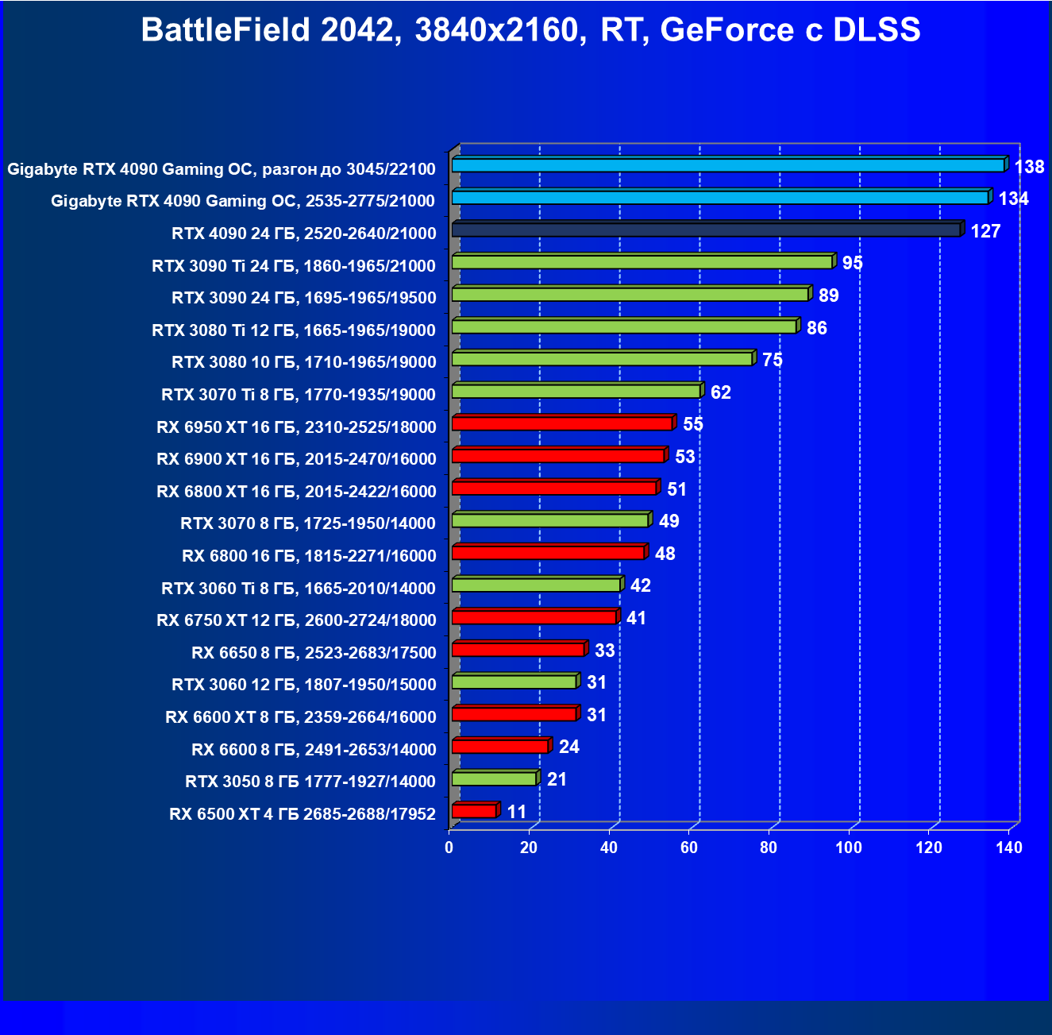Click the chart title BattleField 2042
(x=530, y=30)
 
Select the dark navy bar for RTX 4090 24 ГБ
(x=706, y=230)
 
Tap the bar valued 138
(x=728, y=165)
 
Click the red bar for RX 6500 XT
(x=474, y=811)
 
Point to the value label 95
(x=852, y=263)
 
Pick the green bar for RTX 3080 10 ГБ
(x=602, y=359)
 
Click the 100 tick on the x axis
(x=848, y=848)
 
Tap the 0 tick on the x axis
(x=449, y=848)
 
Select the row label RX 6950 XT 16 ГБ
(x=296, y=427)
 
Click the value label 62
(x=720, y=392)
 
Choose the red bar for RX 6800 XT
(x=554, y=488)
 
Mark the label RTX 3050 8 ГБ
(x=310, y=782)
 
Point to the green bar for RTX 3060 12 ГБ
(x=514, y=682)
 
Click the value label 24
(x=568, y=747)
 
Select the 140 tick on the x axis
(x=1009, y=848)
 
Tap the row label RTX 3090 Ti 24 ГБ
(x=293, y=266)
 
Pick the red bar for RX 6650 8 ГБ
(x=518, y=650)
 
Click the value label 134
(x=1013, y=199)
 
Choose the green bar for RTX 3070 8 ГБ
(x=550, y=520)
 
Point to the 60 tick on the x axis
(x=688, y=848)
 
